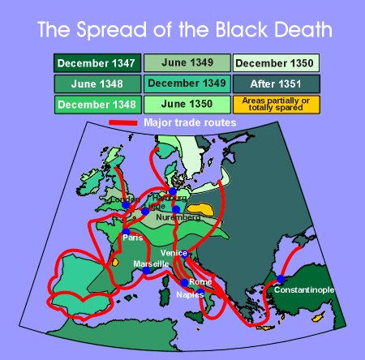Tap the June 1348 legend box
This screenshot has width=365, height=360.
(x=97, y=84)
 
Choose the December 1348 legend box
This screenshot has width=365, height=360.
(x=97, y=105)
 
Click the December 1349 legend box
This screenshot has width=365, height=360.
(x=187, y=84)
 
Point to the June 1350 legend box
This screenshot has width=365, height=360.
(x=187, y=105)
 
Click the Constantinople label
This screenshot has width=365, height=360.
(x=303, y=289)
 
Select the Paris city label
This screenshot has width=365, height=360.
(x=133, y=238)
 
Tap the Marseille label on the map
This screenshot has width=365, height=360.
(x=151, y=264)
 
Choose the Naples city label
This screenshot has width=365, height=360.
(x=190, y=295)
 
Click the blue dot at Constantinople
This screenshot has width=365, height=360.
(x=281, y=279)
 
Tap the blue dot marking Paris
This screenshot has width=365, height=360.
(x=126, y=232)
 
